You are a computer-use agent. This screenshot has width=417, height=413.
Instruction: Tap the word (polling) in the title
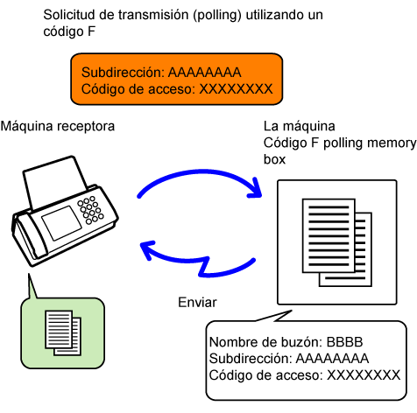(x=217, y=16)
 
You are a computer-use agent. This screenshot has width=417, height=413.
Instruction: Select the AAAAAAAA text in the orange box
(x=205, y=73)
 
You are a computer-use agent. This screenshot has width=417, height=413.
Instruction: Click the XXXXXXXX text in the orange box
(x=236, y=89)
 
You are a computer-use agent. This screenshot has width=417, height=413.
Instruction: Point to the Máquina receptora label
(x=58, y=127)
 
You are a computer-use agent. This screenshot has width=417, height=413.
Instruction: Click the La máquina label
(x=300, y=126)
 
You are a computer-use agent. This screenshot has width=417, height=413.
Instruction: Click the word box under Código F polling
(x=274, y=159)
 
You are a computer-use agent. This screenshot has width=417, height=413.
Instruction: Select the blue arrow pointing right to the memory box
(x=200, y=174)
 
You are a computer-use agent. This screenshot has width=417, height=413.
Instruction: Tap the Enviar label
(x=197, y=302)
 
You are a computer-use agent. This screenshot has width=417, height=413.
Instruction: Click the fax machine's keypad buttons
(x=90, y=210)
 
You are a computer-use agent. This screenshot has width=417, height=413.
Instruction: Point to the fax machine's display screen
(x=61, y=223)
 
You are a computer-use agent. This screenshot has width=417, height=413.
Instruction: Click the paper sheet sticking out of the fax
(x=55, y=181)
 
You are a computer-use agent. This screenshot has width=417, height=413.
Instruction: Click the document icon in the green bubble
(x=63, y=332)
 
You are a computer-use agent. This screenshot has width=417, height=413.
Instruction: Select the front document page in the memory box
(x=329, y=235)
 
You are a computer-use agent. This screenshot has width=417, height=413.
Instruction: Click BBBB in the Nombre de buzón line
(x=344, y=342)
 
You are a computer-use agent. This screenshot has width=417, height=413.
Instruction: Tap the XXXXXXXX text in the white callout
(x=364, y=375)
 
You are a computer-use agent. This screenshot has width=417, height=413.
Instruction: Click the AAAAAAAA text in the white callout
(x=332, y=359)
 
